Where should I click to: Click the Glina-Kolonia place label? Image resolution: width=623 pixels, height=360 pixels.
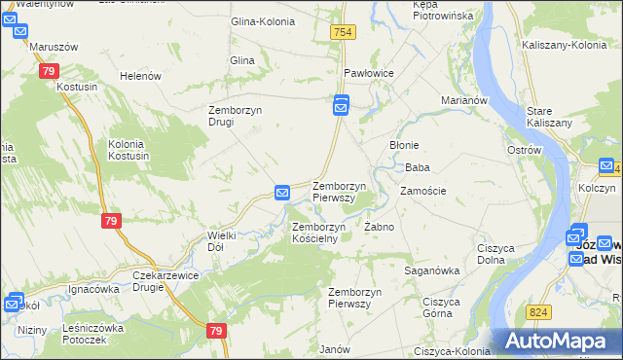click(261, 21)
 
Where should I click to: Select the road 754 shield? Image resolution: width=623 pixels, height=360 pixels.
click(342, 33)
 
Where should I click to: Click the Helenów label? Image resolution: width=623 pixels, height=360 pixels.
click(138, 76)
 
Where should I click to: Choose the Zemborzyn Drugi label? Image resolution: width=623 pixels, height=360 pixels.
click(235, 116)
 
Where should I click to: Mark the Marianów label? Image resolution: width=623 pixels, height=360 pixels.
click(463, 99)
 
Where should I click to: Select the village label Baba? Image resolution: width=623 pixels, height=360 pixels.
click(418, 167)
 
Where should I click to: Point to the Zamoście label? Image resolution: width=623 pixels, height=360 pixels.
click(422, 191)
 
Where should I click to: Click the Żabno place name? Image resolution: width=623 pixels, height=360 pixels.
click(379, 227)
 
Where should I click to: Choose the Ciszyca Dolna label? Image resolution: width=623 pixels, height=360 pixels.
click(495, 254)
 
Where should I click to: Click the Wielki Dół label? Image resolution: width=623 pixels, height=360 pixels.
click(216, 241)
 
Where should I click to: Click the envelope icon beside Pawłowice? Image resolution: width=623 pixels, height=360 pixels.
click(341, 104)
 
